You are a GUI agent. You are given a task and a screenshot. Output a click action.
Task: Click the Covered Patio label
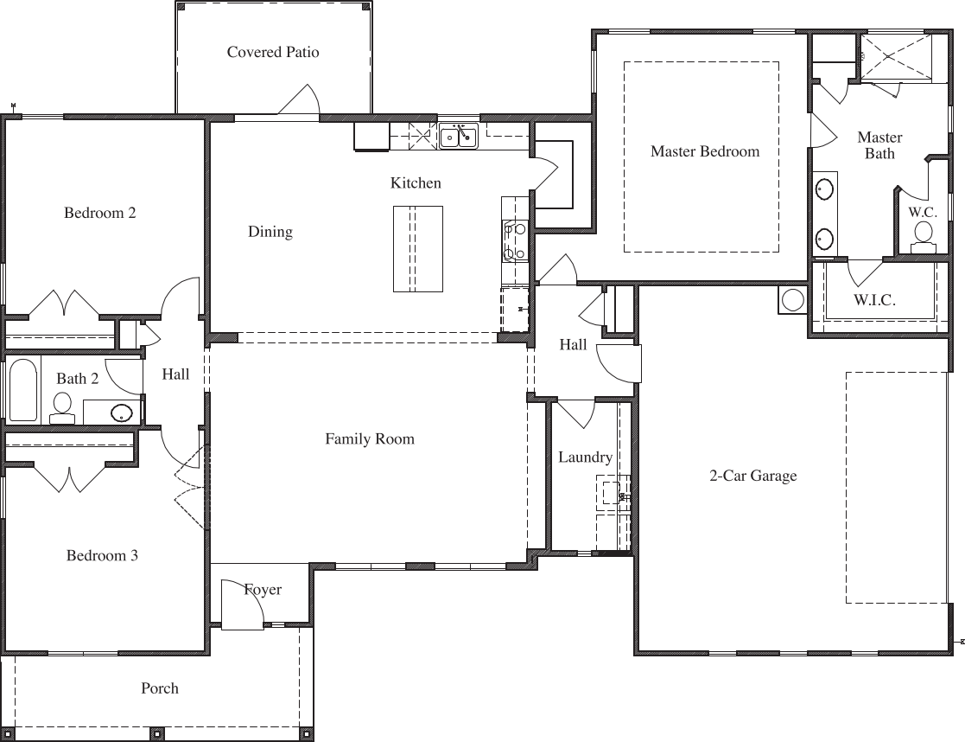tap(273, 52)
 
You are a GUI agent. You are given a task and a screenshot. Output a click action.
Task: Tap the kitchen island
tap(418, 249)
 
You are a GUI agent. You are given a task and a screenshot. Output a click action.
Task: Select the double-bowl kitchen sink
tap(458, 137)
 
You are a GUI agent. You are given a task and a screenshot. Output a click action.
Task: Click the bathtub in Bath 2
tap(22, 389)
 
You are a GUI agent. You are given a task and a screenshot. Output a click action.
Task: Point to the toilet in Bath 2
tap(62, 406)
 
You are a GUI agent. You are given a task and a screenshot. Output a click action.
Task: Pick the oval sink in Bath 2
tap(122, 412)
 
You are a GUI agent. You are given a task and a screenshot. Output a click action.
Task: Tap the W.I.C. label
tap(874, 300)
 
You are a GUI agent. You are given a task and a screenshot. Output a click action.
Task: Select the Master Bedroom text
tap(705, 151)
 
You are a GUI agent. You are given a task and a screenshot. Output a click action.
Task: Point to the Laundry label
tap(585, 457)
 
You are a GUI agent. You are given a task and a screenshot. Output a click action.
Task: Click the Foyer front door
tap(242, 605)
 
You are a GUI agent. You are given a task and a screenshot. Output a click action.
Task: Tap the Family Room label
tap(370, 438)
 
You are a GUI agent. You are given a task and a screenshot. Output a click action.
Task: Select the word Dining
tap(270, 231)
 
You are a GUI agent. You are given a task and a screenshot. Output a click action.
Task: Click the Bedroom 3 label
tap(102, 555)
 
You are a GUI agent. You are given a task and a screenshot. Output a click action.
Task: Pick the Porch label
tap(160, 688)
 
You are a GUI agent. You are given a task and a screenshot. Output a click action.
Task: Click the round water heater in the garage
tap(792, 299)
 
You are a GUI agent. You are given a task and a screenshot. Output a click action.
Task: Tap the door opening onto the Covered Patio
tap(299, 100)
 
